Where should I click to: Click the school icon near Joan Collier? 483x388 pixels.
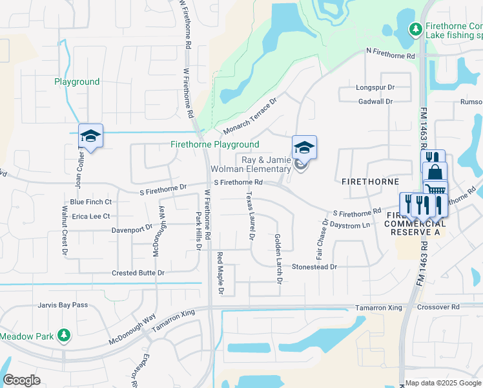(91, 136)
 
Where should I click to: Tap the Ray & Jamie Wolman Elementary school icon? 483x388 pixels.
(304, 147)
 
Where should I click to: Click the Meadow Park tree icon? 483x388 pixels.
(63, 335)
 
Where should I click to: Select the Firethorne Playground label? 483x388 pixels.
(214, 145)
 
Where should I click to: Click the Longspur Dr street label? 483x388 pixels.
(375, 87)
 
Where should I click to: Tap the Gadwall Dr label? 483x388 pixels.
(376, 102)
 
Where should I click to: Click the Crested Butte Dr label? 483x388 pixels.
(138, 274)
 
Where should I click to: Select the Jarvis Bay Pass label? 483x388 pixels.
(63, 305)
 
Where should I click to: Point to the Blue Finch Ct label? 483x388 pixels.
(92, 202)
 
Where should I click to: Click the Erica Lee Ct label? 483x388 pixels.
(91, 217)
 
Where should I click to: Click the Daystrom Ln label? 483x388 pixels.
(350, 225)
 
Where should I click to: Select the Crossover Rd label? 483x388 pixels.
(438, 307)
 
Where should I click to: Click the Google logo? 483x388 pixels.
(21, 380)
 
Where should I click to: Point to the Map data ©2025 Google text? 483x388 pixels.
(443, 383)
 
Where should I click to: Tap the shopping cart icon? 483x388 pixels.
(435, 189)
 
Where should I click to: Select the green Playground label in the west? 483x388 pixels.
(77, 82)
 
